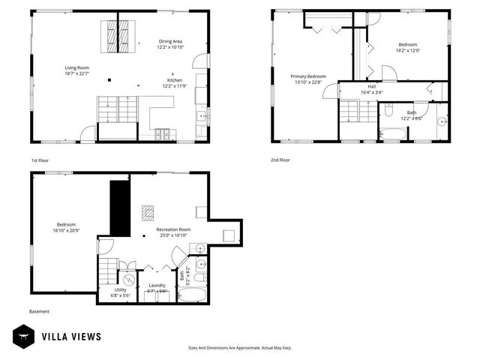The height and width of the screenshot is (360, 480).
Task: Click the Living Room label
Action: tap(76, 67)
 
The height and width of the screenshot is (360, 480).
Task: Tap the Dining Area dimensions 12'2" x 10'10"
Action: tap(170, 47)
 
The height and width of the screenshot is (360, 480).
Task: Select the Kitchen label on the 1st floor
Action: tap(175, 80)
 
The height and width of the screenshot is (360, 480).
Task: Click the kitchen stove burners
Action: tap(163, 135)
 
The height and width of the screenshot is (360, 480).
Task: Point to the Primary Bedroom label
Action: tap(308, 76)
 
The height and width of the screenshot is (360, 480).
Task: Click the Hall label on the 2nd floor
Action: tap(371, 86)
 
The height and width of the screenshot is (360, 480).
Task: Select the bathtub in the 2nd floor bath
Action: tap(393, 135)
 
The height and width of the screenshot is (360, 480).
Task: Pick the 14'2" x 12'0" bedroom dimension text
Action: tap(408, 51)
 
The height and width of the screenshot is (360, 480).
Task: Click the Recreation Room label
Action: tap(173, 229)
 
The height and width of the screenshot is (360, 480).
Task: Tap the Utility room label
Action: tap(120, 289)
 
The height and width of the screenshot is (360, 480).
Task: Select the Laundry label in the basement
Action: tap(157, 285)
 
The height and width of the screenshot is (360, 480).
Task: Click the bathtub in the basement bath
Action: tap(193, 295)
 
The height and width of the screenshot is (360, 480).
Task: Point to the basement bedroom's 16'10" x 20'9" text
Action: tap(65, 230)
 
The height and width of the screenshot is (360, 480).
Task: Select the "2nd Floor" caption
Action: tap(280, 160)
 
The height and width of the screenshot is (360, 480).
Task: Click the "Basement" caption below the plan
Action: tap(39, 311)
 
